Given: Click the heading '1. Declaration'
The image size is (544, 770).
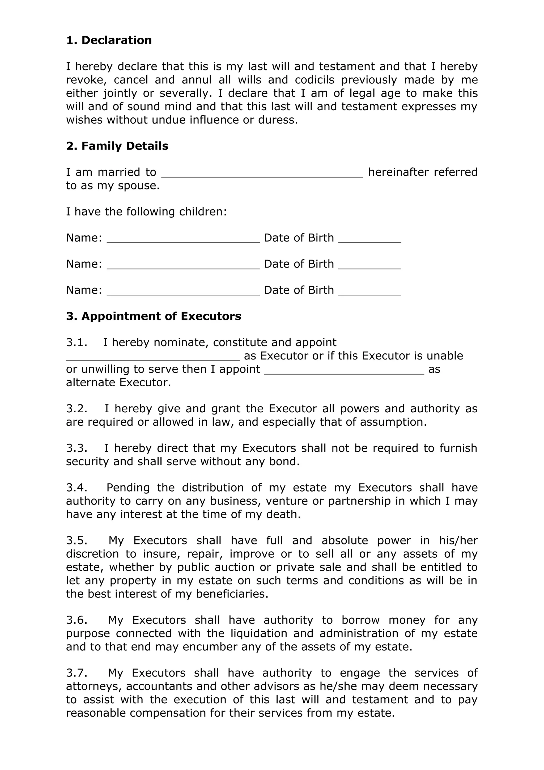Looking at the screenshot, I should (109, 40).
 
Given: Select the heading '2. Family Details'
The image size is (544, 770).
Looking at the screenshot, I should (117, 146).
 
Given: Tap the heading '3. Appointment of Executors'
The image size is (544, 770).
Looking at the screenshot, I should (154, 316).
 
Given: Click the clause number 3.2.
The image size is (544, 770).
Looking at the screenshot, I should (77, 409).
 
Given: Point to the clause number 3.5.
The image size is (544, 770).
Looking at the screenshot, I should (77, 541).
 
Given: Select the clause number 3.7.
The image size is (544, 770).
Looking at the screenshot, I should (77, 673).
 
